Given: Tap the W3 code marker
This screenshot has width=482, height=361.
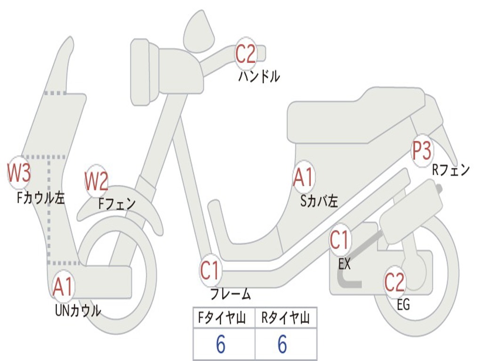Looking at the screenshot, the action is [19, 173].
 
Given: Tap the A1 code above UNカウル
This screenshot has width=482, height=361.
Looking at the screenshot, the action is [63, 287].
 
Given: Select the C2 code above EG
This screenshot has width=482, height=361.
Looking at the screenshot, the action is [394, 282].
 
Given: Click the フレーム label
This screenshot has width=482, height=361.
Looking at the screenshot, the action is [231, 295].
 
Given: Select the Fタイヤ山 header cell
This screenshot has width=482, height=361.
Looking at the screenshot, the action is [224, 318].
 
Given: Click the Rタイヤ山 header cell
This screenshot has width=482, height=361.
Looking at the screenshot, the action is [286, 318].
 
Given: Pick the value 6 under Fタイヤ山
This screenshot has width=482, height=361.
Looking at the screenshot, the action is [220, 345].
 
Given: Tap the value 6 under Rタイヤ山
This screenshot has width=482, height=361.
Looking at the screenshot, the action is [282, 345].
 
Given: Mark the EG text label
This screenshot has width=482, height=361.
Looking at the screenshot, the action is [403, 305].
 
